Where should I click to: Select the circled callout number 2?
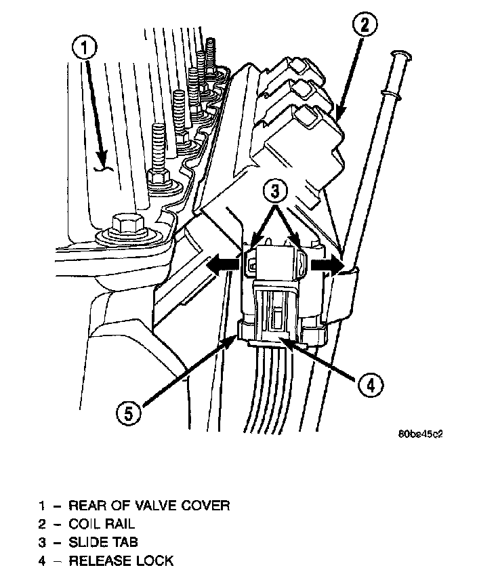coord(364,26)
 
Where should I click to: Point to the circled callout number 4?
coord(367,386)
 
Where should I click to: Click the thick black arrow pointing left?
coord(222,266)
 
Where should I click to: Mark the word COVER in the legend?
coord(207,506)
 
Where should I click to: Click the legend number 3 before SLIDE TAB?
coord(42,542)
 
